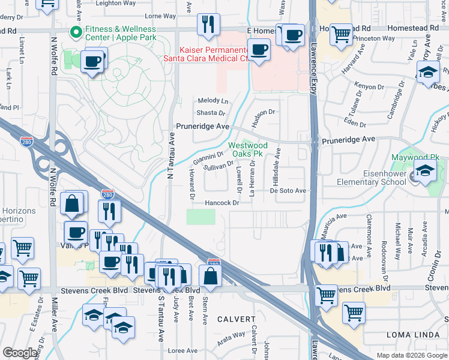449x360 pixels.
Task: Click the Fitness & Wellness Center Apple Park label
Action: (x=120, y=32)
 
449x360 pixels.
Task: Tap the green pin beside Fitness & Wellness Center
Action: (x=76, y=32)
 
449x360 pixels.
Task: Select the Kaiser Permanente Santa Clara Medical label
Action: (x=206, y=53)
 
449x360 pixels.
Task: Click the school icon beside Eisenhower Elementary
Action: (x=425, y=171)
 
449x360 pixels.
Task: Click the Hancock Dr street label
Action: (x=222, y=203)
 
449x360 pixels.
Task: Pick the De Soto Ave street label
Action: (x=288, y=191)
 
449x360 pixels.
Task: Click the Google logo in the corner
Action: (x=20, y=353)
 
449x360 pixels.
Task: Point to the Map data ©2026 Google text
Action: (x=412, y=355)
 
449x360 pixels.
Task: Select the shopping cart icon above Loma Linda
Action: (x=354, y=312)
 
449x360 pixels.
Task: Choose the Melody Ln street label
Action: (x=213, y=101)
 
